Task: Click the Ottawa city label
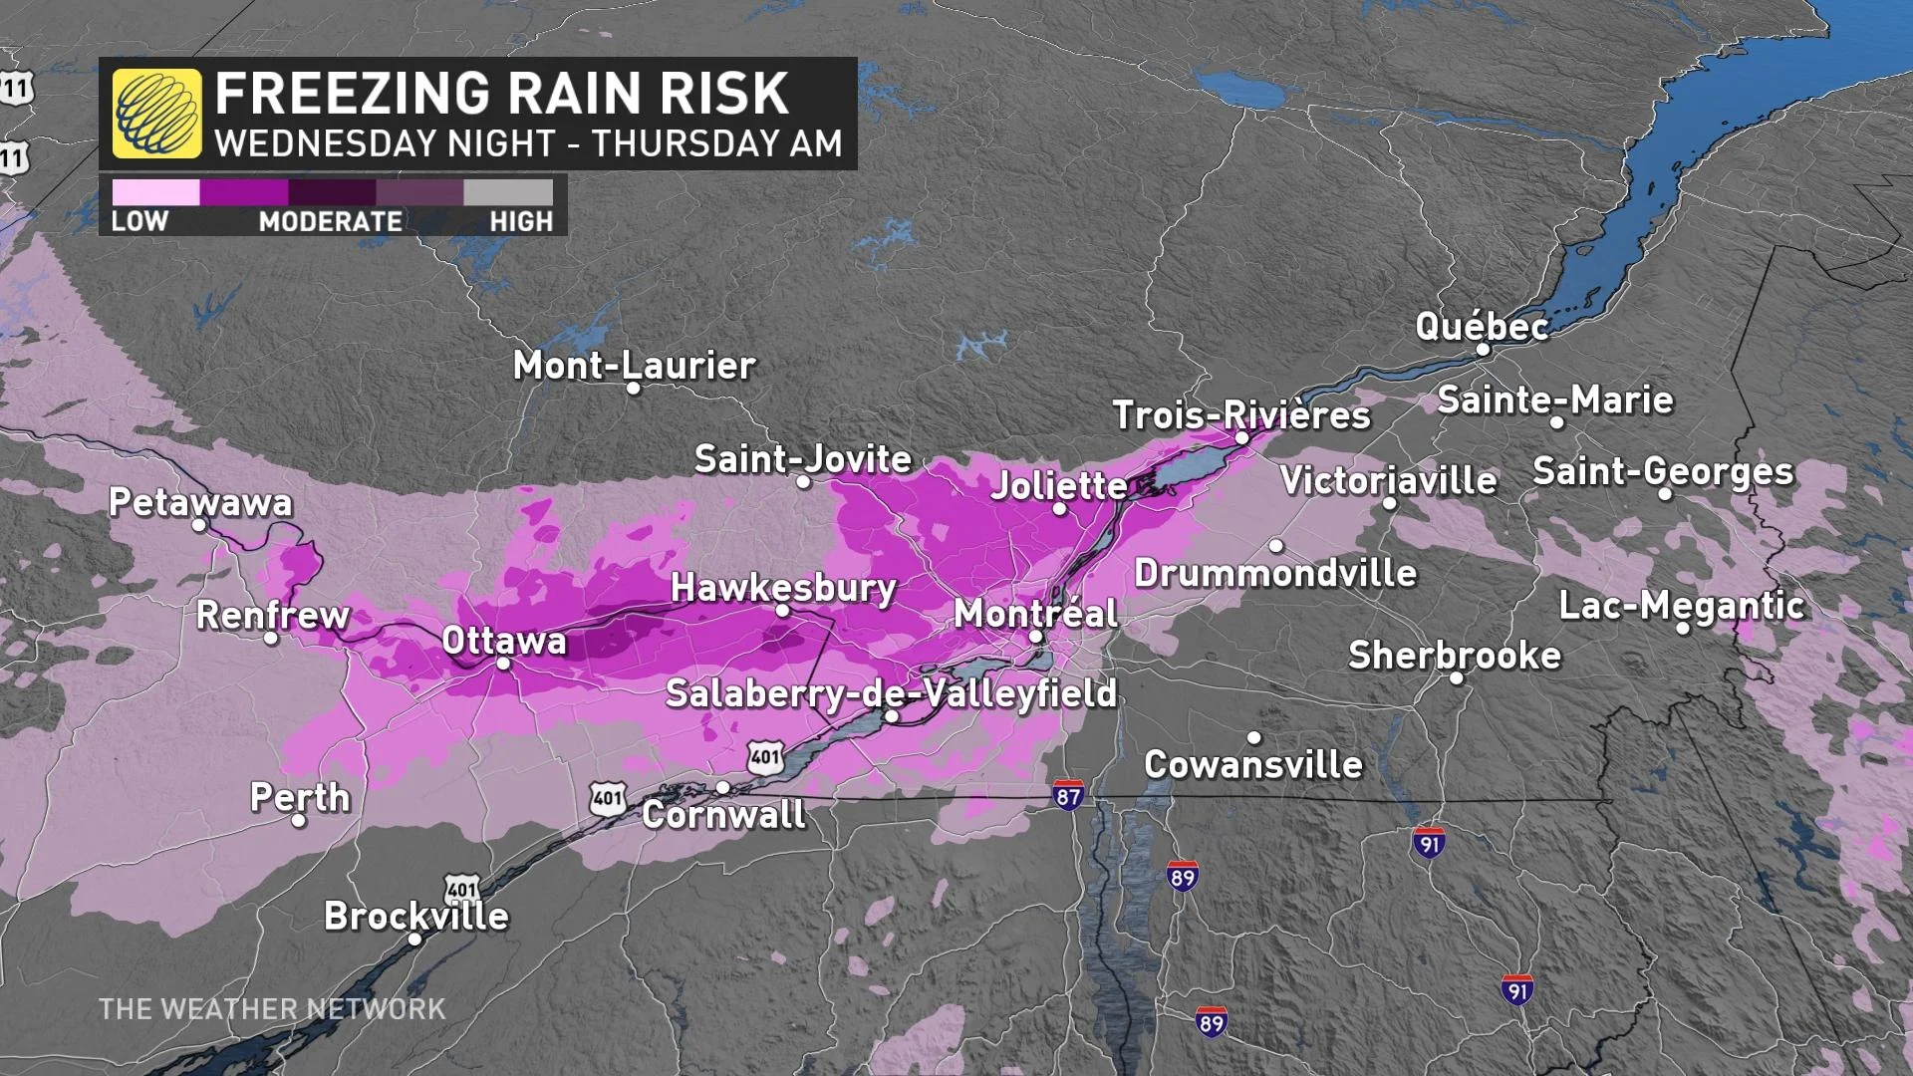click(x=504, y=640)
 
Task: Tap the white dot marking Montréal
click(x=1035, y=637)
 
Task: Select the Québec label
click(x=1482, y=327)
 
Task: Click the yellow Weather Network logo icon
click(x=156, y=114)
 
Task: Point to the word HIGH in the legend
click(x=520, y=221)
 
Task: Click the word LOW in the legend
click(x=139, y=221)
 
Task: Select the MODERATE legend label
click(x=331, y=221)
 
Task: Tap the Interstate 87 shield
click(x=1068, y=795)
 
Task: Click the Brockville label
click(x=416, y=916)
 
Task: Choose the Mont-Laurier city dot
click(x=633, y=389)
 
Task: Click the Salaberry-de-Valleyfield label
click(x=891, y=693)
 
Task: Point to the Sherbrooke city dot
click(x=1456, y=678)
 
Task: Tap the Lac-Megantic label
click(x=1681, y=605)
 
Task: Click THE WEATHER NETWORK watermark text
click(x=272, y=1009)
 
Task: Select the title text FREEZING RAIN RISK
click(x=501, y=94)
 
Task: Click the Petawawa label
click(x=200, y=502)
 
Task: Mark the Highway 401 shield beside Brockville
click(x=462, y=889)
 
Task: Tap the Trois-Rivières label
click(x=1241, y=414)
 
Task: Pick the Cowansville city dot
click(x=1254, y=738)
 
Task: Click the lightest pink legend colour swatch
click(x=155, y=192)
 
